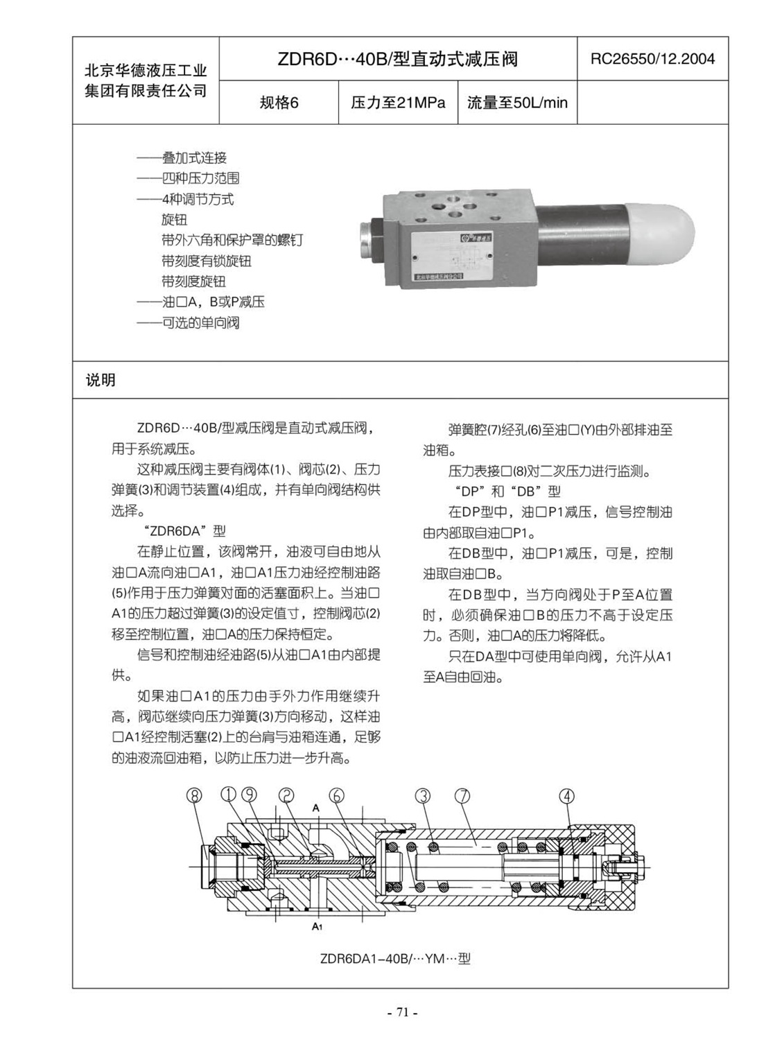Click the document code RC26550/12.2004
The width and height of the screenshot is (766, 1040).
point(652,59)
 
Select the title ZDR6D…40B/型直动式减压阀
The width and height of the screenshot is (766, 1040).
point(397,59)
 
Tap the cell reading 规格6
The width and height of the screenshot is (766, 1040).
point(279,103)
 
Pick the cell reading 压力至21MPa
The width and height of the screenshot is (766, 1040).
point(398,103)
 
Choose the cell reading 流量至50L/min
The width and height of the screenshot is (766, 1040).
point(516,103)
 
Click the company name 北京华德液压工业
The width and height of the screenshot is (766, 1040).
point(146,71)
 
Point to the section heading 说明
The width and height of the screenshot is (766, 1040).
point(101,380)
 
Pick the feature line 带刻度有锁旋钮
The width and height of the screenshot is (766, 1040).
point(206,261)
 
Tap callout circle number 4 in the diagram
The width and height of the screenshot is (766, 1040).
point(566,796)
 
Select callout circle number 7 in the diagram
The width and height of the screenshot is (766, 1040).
point(462,795)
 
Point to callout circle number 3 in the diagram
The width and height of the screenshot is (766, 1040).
point(422,795)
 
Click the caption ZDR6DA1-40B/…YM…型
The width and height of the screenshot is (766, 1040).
point(395,959)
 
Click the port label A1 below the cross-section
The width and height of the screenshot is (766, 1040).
point(316,926)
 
